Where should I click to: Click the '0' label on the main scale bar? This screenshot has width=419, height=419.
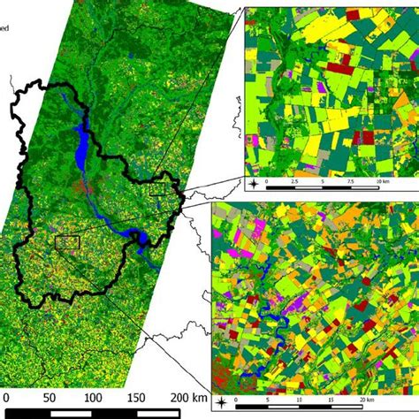7,397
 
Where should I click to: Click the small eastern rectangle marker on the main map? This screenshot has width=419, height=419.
160,188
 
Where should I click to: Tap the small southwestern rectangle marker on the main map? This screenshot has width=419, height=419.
67,241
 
